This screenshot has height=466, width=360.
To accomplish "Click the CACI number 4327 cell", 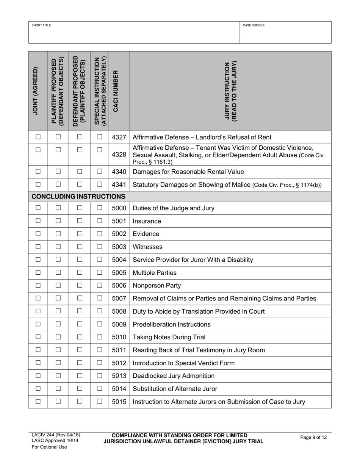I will click(x=119, y=137).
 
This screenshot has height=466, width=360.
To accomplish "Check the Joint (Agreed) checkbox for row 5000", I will click(x=38, y=208).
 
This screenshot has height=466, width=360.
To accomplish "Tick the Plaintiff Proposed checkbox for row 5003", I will click(x=58, y=247).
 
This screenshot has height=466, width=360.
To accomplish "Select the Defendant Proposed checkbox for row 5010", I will click(x=80, y=337).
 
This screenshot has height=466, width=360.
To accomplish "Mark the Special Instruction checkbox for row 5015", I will click(x=99, y=402).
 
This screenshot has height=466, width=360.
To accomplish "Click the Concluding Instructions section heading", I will click(x=78, y=196).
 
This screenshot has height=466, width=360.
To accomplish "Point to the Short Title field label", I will click(x=42, y=25).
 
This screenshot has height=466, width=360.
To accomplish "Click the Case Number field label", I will click(x=254, y=25).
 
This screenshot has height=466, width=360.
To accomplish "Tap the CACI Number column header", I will click(x=119, y=91).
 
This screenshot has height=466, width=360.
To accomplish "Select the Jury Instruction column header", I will click(x=230, y=91).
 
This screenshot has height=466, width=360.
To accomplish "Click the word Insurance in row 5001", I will click(x=147, y=221).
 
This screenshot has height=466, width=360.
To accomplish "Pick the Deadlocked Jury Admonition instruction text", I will click(x=174, y=376).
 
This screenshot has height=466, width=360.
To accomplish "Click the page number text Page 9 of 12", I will click(x=313, y=438).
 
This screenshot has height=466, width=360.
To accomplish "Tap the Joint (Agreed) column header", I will click(x=38, y=91).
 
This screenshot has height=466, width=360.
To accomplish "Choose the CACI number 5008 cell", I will click(x=119, y=311).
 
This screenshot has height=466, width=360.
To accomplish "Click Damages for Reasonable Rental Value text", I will click(x=188, y=172).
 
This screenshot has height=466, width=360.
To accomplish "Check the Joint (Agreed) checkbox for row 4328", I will click(x=38, y=150).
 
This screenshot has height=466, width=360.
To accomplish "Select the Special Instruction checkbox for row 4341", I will click(x=99, y=185).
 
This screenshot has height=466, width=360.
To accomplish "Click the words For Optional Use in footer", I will click(x=49, y=447).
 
